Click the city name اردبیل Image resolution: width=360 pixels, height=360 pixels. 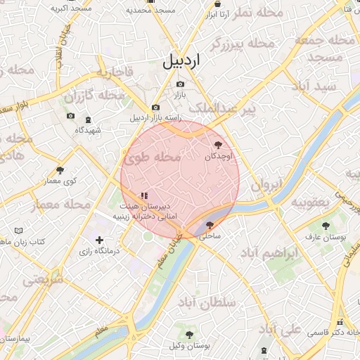click(x=181, y=60)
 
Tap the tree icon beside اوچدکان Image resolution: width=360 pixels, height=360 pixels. click(x=216, y=145)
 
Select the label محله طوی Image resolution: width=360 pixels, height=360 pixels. click(x=153, y=158)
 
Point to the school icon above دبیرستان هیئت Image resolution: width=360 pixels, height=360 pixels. click(x=144, y=195)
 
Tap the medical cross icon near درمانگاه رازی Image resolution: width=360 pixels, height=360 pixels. click(x=99, y=240)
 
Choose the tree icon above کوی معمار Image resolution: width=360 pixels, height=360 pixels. click(x=60, y=170)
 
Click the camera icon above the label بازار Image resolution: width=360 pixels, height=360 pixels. click(x=180, y=84)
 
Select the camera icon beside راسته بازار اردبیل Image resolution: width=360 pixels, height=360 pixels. click(x=155, y=107)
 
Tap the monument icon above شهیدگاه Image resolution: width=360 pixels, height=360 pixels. click(x=88, y=120)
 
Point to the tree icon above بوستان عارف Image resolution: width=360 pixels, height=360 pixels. click(x=325, y=225)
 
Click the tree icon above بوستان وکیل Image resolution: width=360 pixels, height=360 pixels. click(x=189, y=333)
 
